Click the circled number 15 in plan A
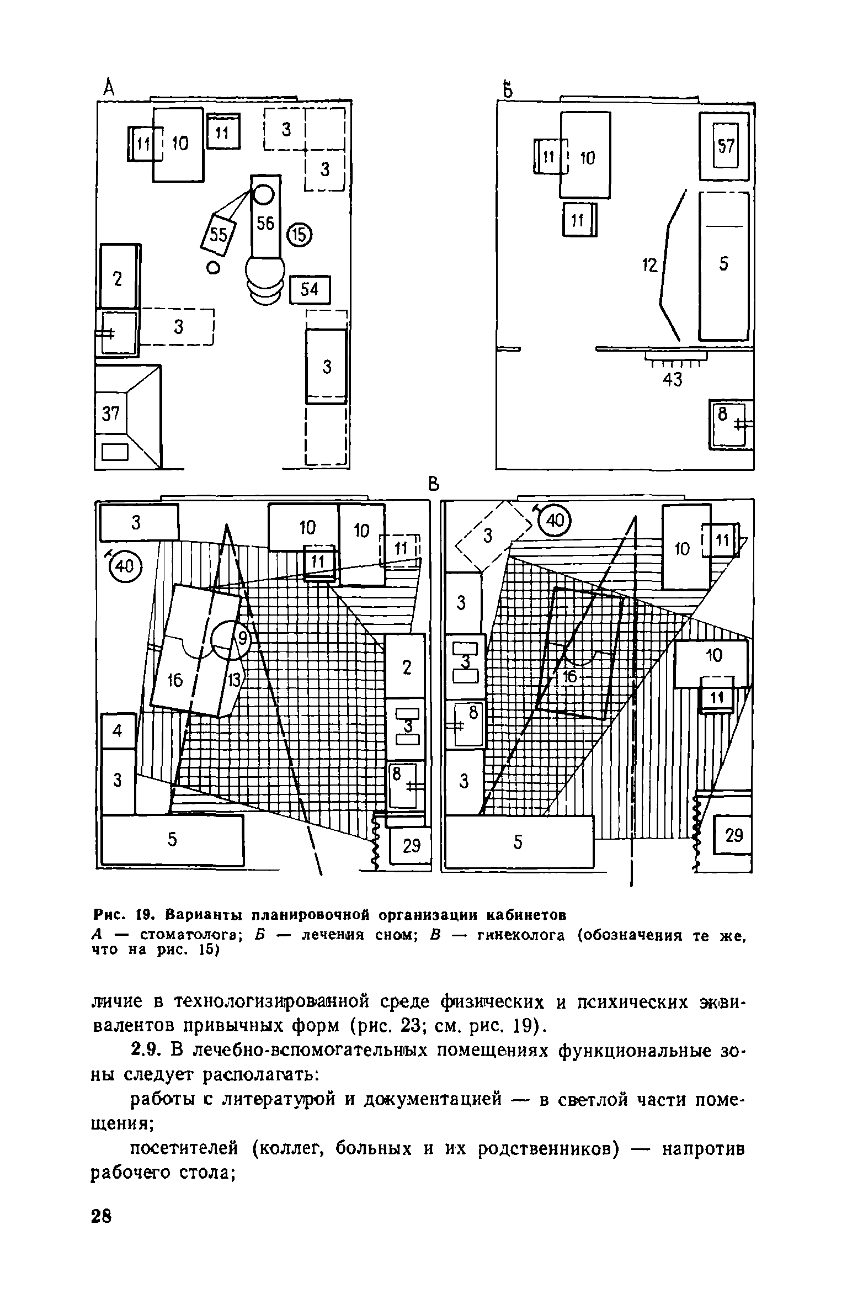tap(299, 235)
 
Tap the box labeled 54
tap(310, 289)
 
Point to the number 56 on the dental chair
tap(265, 224)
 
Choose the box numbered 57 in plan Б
tap(725, 146)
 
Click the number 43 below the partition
tap(672, 379)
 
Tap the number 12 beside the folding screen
tap(650, 266)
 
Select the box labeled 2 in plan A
tap(118, 277)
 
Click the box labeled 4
tap(118, 731)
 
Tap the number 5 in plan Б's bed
tap(724, 264)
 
